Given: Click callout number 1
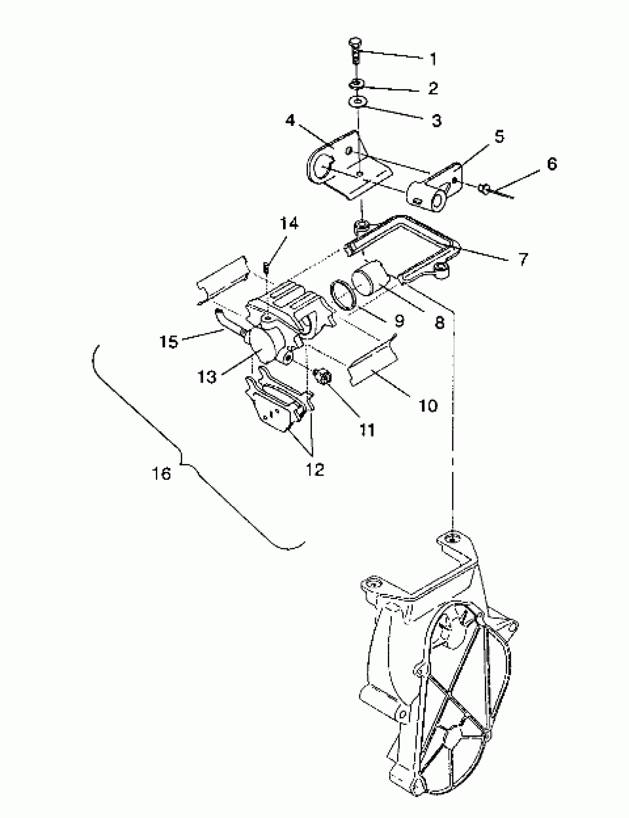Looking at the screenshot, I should click(433, 59).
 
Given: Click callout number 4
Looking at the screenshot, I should click(290, 121).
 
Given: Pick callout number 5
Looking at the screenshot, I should click(499, 137).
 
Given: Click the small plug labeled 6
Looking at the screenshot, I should click(484, 188).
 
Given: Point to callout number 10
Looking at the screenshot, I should click(428, 405).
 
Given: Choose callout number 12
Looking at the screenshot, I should click(314, 470).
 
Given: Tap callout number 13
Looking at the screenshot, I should click(207, 376).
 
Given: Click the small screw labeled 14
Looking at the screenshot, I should click(266, 268).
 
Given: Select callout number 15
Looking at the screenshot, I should click(169, 342).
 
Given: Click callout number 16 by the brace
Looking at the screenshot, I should click(162, 474).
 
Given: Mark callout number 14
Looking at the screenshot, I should click(289, 224).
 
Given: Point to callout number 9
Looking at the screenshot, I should click(399, 321).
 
